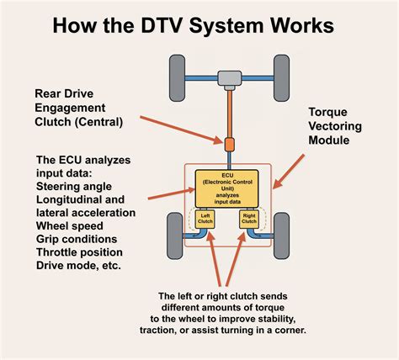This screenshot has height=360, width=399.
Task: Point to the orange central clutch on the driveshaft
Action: [x=229, y=142]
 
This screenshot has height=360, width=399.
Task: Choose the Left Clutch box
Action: [x=205, y=220]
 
